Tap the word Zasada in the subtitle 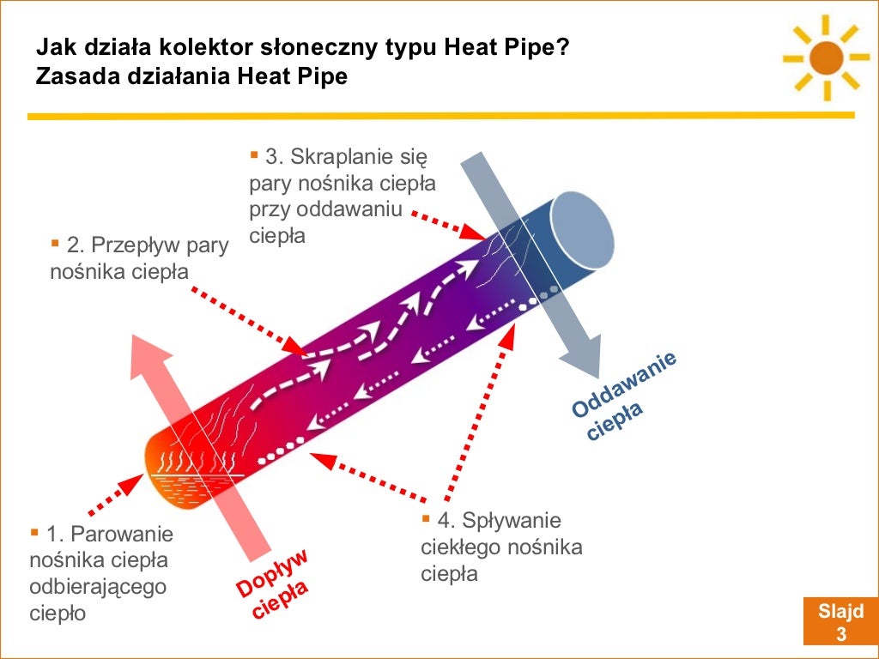click(71, 76)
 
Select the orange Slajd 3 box click(840, 623)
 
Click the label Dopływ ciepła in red click(273, 583)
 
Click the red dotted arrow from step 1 click(112, 490)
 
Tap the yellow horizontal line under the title click(439, 115)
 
